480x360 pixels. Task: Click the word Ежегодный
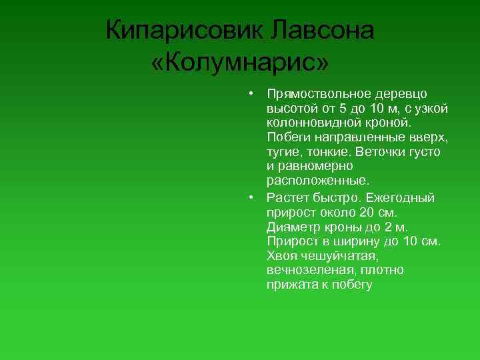tap(404, 197)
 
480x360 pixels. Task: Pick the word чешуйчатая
tap(346, 256)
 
